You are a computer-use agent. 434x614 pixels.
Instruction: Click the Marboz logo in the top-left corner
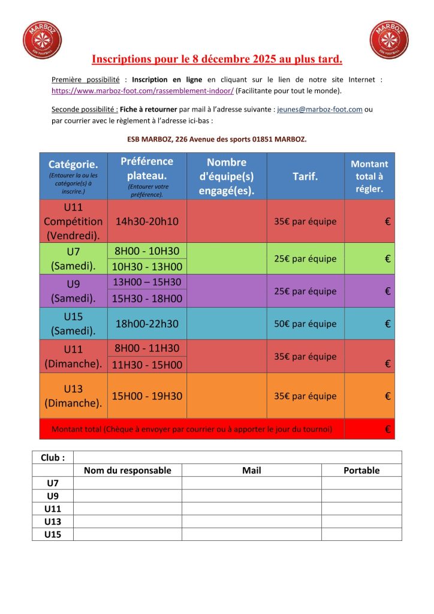click(x=42, y=40)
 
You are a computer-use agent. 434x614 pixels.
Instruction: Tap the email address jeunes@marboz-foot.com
click(x=320, y=110)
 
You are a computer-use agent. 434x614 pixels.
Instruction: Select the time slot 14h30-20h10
click(x=147, y=221)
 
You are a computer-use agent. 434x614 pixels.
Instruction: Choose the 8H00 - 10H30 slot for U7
click(x=147, y=251)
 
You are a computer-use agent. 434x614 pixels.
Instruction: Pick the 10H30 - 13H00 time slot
click(x=147, y=267)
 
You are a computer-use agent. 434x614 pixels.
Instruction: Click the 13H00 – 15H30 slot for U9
click(x=147, y=282)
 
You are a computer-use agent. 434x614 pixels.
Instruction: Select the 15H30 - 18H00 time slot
click(x=147, y=298)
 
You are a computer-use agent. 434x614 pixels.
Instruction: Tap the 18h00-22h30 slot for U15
click(x=147, y=324)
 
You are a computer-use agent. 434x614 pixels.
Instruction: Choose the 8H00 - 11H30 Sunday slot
click(x=147, y=348)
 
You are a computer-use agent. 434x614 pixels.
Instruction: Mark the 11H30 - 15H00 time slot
click(x=147, y=365)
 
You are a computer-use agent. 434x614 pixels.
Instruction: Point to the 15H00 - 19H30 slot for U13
click(x=147, y=396)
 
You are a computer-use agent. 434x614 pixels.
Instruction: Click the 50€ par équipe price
click(x=305, y=324)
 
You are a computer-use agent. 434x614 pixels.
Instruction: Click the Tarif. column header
click(x=305, y=176)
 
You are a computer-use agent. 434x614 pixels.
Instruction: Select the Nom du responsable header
click(x=127, y=471)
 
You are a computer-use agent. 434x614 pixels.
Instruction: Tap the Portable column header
click(x=361, y=471)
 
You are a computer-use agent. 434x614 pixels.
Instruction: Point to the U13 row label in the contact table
click(x=53, y=522)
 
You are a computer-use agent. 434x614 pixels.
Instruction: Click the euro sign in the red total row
click(x=387, y=429)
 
